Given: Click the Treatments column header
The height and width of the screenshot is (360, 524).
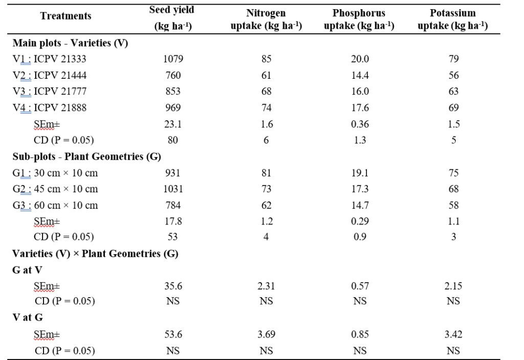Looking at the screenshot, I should coord(65,16).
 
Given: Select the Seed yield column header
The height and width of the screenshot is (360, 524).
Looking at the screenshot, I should coord(172,18).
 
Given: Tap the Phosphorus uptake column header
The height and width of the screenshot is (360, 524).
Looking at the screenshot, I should coord(359,19).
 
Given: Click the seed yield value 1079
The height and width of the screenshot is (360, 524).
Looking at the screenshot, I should coord(173,59).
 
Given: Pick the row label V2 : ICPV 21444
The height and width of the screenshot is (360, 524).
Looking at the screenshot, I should coord(50,75).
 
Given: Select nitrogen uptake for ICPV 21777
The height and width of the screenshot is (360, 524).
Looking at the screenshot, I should coord(266,92).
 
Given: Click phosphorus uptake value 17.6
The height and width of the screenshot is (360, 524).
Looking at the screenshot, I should coord(360,108).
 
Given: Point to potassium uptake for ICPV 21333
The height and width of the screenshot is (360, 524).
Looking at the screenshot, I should coord(453,59).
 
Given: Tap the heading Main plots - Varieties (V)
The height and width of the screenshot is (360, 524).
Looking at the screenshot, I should coord(70,43).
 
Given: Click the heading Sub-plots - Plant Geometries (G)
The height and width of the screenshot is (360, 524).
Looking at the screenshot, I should coord(87,156).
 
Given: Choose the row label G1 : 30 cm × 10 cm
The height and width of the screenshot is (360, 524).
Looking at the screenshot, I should coord(55,173).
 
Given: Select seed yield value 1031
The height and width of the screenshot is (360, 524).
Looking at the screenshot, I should coord(173,189).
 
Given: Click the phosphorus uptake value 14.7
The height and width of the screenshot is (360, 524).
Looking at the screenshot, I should coord(360,206).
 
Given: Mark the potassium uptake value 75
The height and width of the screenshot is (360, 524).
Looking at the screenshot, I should coord(453,173).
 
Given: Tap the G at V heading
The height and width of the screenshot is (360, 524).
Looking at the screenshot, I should coord(27,270).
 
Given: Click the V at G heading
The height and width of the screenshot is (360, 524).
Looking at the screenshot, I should coord(27,318).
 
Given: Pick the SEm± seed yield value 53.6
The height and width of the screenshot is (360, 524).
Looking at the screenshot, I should coord(173,334).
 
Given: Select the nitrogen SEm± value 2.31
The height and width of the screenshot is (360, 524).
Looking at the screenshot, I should coord(266,286).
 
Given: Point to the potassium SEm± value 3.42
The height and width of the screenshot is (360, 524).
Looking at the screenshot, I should coord(453,334).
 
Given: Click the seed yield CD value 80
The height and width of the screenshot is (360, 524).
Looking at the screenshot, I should coord(173,140).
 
